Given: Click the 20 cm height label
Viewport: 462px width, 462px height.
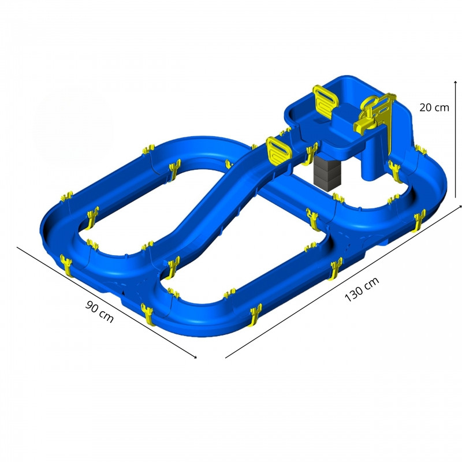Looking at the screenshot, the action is (434, 107).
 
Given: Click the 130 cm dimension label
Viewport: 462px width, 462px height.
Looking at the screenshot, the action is (362, 289).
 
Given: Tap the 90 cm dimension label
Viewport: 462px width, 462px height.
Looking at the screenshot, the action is (99, 311).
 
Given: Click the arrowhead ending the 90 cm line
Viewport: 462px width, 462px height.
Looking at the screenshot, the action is (195, 357).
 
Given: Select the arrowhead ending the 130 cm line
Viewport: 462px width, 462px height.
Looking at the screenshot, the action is (460, 207).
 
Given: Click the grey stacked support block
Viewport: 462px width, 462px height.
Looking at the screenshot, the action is (327, 173).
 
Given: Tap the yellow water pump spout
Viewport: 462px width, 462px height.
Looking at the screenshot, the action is (360, 125).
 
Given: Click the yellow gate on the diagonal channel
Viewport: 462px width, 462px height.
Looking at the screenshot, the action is (278, 151).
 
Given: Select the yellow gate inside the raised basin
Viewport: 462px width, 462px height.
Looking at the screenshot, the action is (325, 102).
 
